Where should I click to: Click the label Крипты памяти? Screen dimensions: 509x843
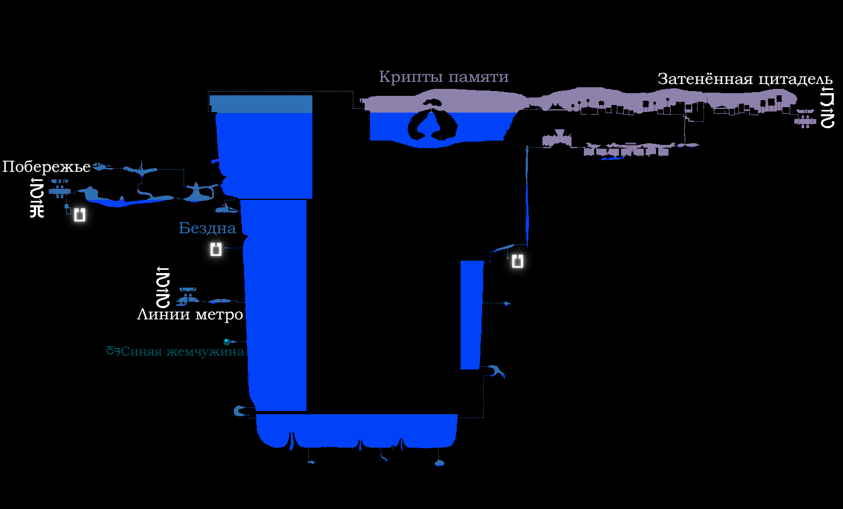pos(443,77)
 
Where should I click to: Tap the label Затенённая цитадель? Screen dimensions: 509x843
pos(745,79)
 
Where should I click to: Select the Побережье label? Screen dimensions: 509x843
pos(46,166)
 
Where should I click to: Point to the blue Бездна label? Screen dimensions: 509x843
pos(207,228)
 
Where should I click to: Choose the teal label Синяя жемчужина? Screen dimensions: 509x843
pos(182,352)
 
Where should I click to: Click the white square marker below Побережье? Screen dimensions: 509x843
pos(80,215)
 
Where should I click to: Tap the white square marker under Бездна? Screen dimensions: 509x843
pos(216,249)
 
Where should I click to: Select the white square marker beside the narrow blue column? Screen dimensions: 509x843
pos(517,261)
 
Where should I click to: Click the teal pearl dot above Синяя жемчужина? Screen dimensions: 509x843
pos(227,341)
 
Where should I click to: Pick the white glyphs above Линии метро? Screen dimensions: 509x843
pos(163,287)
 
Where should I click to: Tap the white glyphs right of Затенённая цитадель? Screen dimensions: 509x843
pos(827,109)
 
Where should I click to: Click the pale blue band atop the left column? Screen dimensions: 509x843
pos(261,104)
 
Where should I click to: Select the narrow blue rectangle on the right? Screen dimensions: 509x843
pos(471,315)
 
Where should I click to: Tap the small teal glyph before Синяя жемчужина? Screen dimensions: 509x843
pos(113,351)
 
